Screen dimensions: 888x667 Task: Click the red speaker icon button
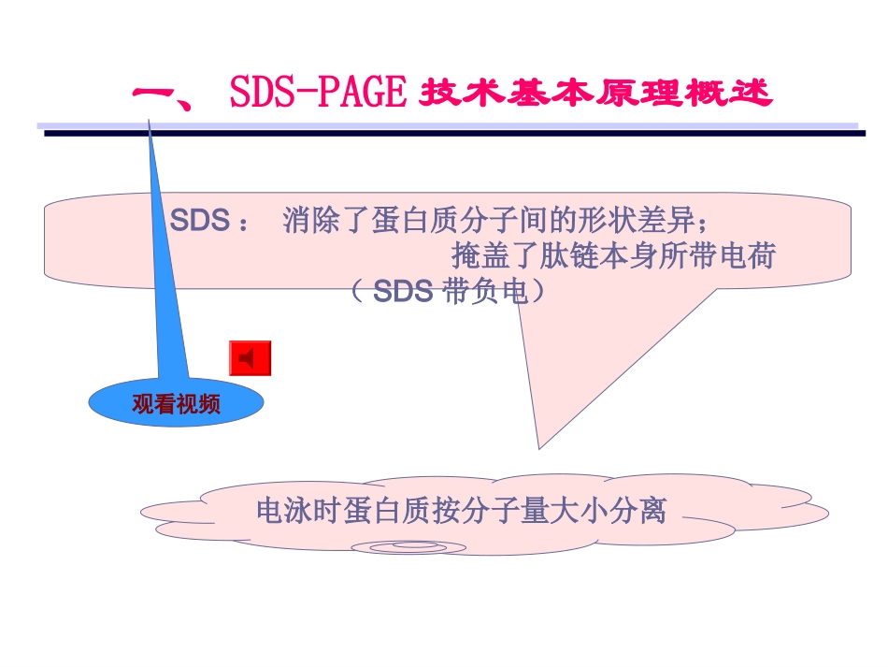pyautogui.click(x=250, y=358)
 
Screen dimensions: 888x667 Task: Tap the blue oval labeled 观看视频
pyautogui.click(x=176, y=404)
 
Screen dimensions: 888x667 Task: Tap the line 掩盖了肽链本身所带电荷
pyautogui.click(x=613, y=255)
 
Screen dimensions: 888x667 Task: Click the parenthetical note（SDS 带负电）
pyautogui.click(x=447, y=291)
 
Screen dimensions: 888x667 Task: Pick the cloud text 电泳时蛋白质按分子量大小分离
pyautogui.click(x=461, y=511)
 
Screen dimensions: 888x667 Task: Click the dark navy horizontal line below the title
pyautogui.click(x=454, y=134)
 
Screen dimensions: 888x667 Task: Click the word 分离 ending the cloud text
pyautogui.click(x=644, y=511)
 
